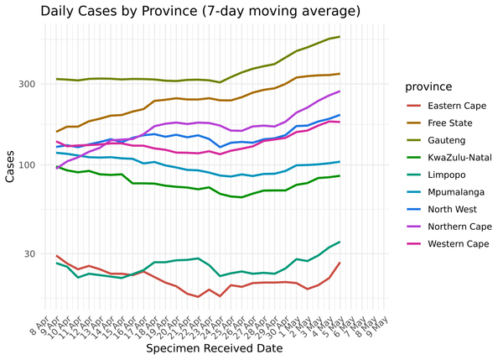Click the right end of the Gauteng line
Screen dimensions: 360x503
pyautogui.click(x=340, y=37)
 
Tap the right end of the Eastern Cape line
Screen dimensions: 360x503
pyautogui.click(x=340, y=263)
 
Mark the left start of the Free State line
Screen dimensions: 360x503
pyautogui.click(x=57, y=132)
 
